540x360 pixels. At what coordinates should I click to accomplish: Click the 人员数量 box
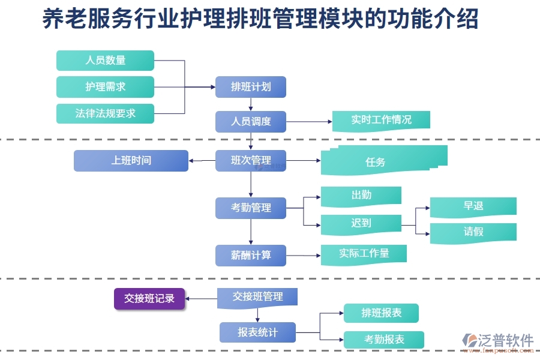[x=105, y=60]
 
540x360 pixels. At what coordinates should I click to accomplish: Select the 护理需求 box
[x=105, y=86]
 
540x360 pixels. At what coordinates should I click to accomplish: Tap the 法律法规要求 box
[x=105, y=113]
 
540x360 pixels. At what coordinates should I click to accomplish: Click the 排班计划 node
[x=251, y=86]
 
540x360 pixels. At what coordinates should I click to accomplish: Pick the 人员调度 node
[x=251, y=121]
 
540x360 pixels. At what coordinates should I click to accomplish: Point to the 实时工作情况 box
[x=381, y=119]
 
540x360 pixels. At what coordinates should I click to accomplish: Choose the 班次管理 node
[x=251, y=160]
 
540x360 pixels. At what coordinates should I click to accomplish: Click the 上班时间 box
[x=131, y=160]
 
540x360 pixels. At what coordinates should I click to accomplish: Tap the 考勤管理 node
[x=251, y=208]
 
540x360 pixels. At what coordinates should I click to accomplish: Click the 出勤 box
[x=361, y=195]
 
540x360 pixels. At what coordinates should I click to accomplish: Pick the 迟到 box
[x=361, y=223]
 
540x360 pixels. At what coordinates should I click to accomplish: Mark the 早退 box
[x=473, y=206]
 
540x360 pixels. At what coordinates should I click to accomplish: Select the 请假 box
[x=473, y=232]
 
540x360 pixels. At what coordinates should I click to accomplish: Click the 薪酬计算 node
[x=251, y=255]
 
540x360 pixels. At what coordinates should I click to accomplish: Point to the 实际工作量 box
[x=364, y=253]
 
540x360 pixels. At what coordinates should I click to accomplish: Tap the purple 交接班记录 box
[x=149, y=298]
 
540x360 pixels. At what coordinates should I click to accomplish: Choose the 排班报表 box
[x=381, y=313]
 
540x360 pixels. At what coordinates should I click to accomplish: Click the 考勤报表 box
[x=383, y=340]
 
